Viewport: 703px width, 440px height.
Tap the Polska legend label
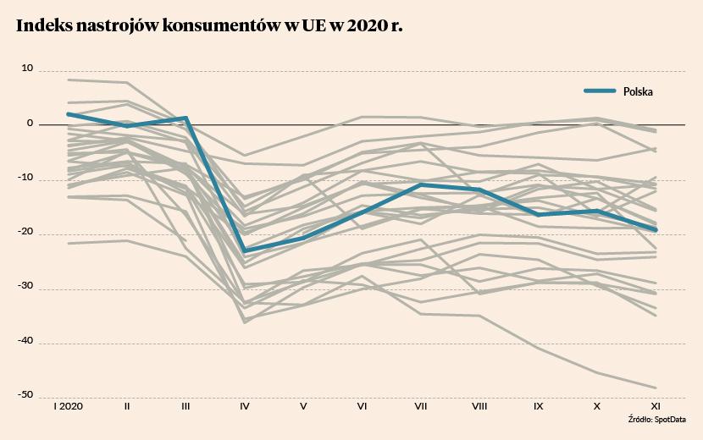[x=639, y=91]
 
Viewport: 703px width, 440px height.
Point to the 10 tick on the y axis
[x=27, y=69]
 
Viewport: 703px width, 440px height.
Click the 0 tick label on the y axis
[x=30, y=124]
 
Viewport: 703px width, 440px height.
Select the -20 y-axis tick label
[x=25, y=234]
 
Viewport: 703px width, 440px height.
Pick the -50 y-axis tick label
[x=25, y=394]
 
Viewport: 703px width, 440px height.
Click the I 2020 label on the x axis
[x=68, y=407]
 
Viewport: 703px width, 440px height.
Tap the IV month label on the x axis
[x=245, y=407]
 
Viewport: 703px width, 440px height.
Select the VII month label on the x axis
[x=421, y=407]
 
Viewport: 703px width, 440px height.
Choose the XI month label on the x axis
[x=655, y=407]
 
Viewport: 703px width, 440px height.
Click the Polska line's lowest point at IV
[x=245, y=251]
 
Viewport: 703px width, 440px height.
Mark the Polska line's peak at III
[x=185, y=118]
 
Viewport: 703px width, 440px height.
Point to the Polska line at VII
[x=421, y=184]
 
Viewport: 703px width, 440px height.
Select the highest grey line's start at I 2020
[x=68, y=80]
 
